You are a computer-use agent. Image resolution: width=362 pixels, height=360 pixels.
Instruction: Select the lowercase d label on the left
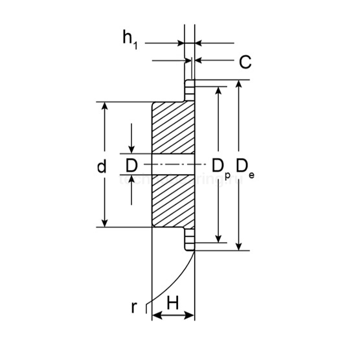101,166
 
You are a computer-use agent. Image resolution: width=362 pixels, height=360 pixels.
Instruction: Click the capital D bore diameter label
131,166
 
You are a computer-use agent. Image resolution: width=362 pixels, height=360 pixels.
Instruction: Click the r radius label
134,307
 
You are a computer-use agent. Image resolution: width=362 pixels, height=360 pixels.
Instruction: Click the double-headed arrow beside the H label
173,315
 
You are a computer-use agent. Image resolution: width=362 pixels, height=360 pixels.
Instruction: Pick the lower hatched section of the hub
173,201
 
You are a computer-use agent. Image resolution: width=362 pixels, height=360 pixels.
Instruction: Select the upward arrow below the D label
131,183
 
